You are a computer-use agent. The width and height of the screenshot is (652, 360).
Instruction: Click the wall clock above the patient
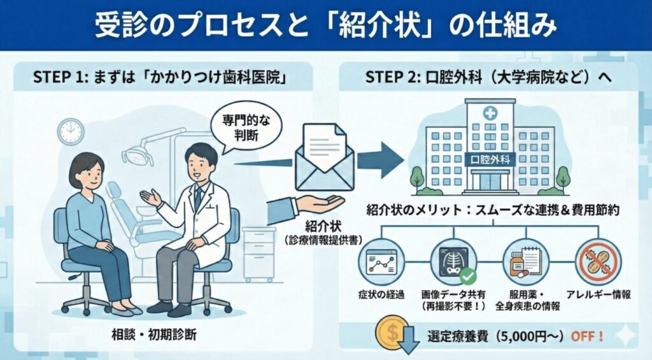pyautogui.click(x=70, y=132)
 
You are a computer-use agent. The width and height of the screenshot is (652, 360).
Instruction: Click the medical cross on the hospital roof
pyautogui.click(x=490, y=114)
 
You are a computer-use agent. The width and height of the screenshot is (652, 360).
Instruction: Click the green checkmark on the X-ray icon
pyautogui.click(x=468, y=276)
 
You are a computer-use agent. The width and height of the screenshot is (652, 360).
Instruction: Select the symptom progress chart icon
pyautogui.click(x=379, y=263)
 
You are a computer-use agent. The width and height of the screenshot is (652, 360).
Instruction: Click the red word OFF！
pyautogui.click(x=586, y=335)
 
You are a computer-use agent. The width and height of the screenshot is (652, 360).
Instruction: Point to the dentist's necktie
pyautogui.click(x=198, y=197)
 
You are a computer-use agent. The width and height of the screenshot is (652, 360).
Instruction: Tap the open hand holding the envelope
pyautogui.click(x=318, y=204)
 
